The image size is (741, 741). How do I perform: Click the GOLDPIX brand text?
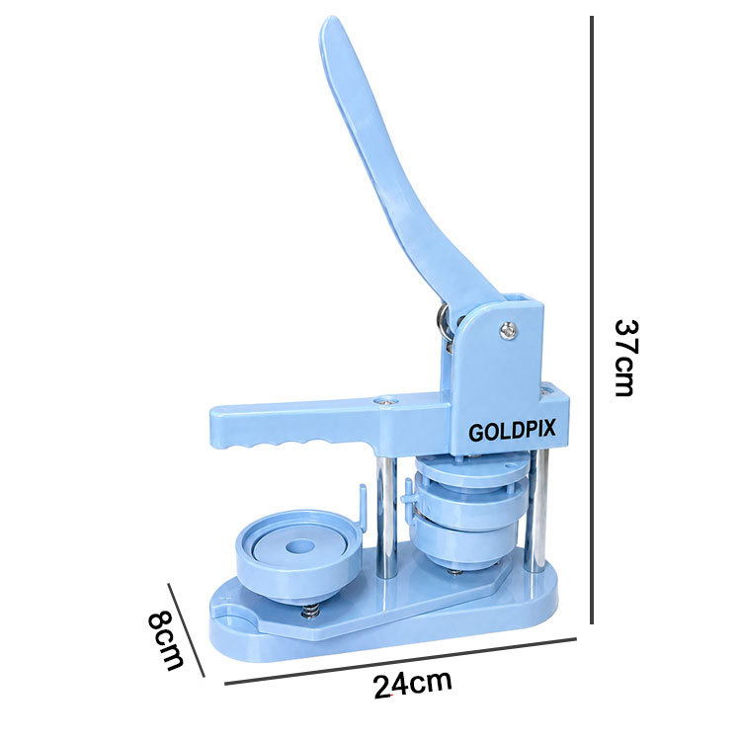coord(512,431)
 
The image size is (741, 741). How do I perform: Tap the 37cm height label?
coord(626,358)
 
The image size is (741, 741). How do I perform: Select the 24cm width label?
coord(413,684)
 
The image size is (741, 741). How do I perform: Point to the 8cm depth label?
coord(165,641)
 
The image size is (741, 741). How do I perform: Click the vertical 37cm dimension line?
coord(592,320)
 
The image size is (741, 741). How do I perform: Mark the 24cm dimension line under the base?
coord(400,661)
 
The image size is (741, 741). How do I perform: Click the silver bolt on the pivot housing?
coord(508,331)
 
